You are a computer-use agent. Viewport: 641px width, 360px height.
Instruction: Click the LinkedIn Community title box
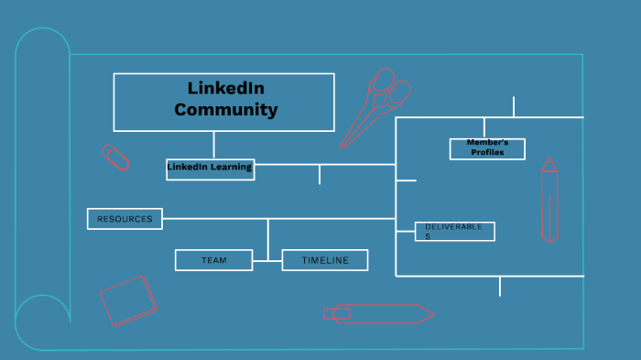[x=223, y=102]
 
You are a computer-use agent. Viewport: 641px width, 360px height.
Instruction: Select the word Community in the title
[x=226, y=110]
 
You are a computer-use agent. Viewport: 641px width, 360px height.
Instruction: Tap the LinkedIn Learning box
[x=210, y=169]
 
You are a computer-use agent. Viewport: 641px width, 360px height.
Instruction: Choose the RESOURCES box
[x=125, y=218]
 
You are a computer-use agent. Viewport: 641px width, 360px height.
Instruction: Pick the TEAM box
[x=213, y=260]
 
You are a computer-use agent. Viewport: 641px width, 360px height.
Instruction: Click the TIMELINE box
[x=325, y=260]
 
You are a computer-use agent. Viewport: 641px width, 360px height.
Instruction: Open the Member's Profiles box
[x=487, y=148]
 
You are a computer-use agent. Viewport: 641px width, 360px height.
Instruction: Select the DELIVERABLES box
[x=454, y=231]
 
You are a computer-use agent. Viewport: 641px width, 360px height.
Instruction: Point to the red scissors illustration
[x=374, y=107]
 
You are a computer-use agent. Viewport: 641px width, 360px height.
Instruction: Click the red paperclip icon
[x=116, y=157]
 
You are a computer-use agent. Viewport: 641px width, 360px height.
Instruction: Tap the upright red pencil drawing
[x=549, y=202]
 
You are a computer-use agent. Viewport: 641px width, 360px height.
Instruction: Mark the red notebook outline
[x=128, y=300]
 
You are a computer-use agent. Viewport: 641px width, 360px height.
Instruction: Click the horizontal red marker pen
[x=379, y=313]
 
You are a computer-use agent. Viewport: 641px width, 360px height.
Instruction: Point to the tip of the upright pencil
[x=549, y=161]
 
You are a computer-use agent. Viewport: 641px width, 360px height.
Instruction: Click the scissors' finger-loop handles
[x=389, y=86]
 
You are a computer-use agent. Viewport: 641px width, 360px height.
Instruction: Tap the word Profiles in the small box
[x=487, y=153]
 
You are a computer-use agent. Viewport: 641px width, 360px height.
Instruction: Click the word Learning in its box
[x=231, y=168]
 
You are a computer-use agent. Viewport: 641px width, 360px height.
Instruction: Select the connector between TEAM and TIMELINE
[x=267, y=261]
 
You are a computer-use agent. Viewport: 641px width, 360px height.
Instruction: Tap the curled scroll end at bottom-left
[x=42, y=322]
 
